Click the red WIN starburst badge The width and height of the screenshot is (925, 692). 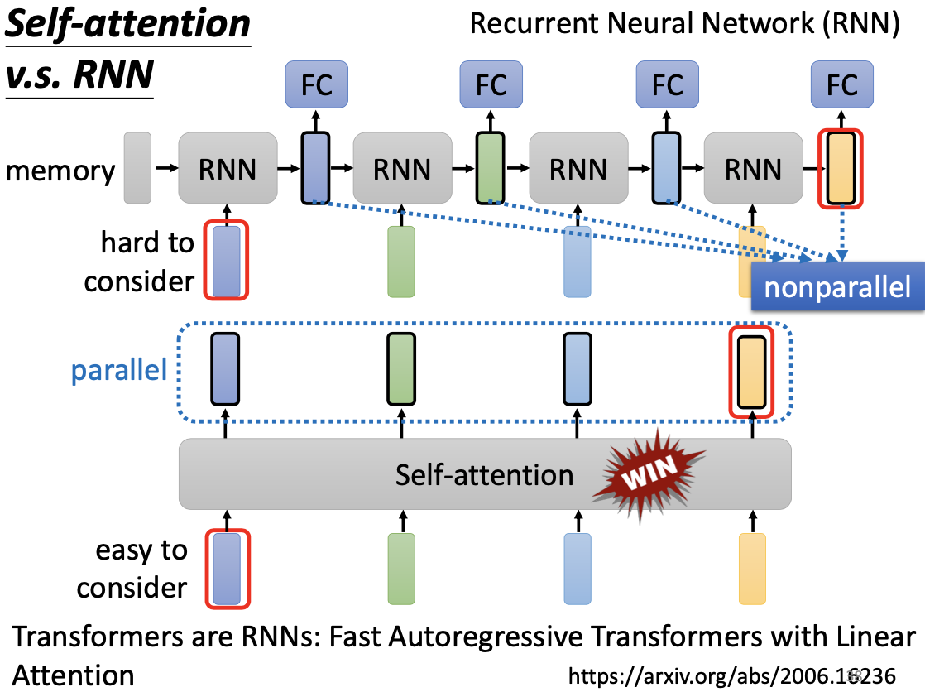coord(649,470)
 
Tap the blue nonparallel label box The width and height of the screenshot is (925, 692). coord(836,287)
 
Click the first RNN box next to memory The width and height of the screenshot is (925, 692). coord(228,169)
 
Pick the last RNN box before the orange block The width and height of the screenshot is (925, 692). coord(753,169)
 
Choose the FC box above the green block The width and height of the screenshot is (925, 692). coord(491,84)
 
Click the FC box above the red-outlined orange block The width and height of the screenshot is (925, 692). coord(842,84)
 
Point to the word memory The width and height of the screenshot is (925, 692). coord(60,171)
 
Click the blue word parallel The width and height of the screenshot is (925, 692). coord(118,370)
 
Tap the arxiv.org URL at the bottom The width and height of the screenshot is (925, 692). coord(731,675)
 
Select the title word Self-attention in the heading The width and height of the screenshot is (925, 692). coord(127,25)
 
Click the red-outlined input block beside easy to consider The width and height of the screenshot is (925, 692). coord(226,569)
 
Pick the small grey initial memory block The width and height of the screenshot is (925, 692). coord(137,168)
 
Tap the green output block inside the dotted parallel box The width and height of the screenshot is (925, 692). coord(401,369)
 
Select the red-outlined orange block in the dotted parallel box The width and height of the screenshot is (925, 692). coord(751,372)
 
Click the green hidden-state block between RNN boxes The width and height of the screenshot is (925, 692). coord(489,168)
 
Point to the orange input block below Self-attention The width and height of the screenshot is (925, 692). coord(752,569)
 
